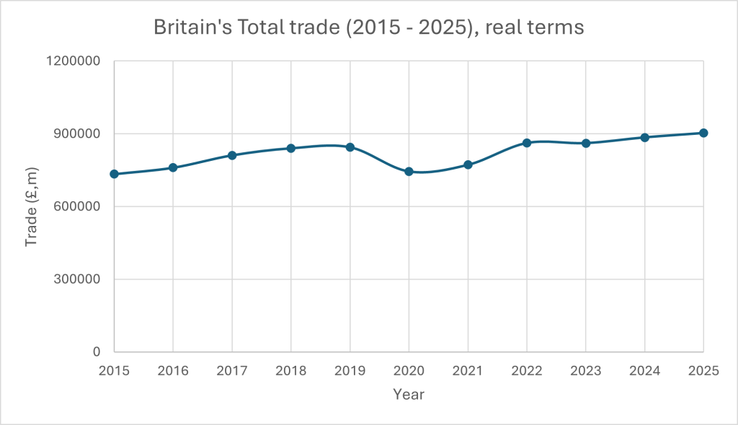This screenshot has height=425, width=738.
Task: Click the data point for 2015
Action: pos(114,174)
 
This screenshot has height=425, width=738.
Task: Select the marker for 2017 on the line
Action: pos(232,155)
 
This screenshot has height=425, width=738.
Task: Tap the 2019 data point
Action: pos(350,147)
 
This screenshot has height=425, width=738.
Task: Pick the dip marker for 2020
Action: pos(409,171)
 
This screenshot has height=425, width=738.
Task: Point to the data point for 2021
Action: pos(468,165)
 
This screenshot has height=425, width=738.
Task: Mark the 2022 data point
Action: pos(527,143)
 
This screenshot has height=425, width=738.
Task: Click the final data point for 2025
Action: pos(703,133)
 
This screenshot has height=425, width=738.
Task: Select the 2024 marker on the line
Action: pos(644,137)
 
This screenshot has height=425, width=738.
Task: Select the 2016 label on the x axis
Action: pos(173,370)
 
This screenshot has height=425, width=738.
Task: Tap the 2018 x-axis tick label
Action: pos(291,370)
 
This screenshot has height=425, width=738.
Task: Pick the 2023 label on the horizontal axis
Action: pos(586,370)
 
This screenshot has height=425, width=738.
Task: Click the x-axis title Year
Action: pos(409,395)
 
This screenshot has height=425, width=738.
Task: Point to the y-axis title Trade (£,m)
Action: pos(32,206)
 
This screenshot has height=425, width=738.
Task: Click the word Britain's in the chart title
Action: pos(188,28)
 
